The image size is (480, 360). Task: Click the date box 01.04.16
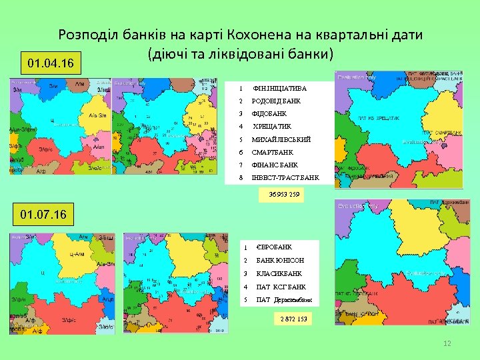coord(51,64)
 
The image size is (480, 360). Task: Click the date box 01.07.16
coord(43,216)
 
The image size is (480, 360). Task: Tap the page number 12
coord(447,343)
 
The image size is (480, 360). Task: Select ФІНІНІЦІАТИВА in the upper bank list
coord(280,89)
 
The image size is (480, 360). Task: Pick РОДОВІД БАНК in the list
coord(276,101)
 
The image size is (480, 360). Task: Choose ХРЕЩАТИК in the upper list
coord(272,127)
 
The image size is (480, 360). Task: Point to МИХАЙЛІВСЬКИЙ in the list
coord(281,140)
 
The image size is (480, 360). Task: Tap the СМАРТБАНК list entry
coord(272,153)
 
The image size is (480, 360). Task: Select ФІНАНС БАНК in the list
coord(275,165)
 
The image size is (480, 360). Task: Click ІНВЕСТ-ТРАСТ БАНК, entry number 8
coord(285,178)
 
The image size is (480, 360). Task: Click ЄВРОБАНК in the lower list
coord(274,247)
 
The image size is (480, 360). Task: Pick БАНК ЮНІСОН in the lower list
coord(280,260)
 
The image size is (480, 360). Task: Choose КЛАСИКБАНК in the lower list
coord(279,273)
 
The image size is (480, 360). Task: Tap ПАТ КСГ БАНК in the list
coord(281,287)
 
